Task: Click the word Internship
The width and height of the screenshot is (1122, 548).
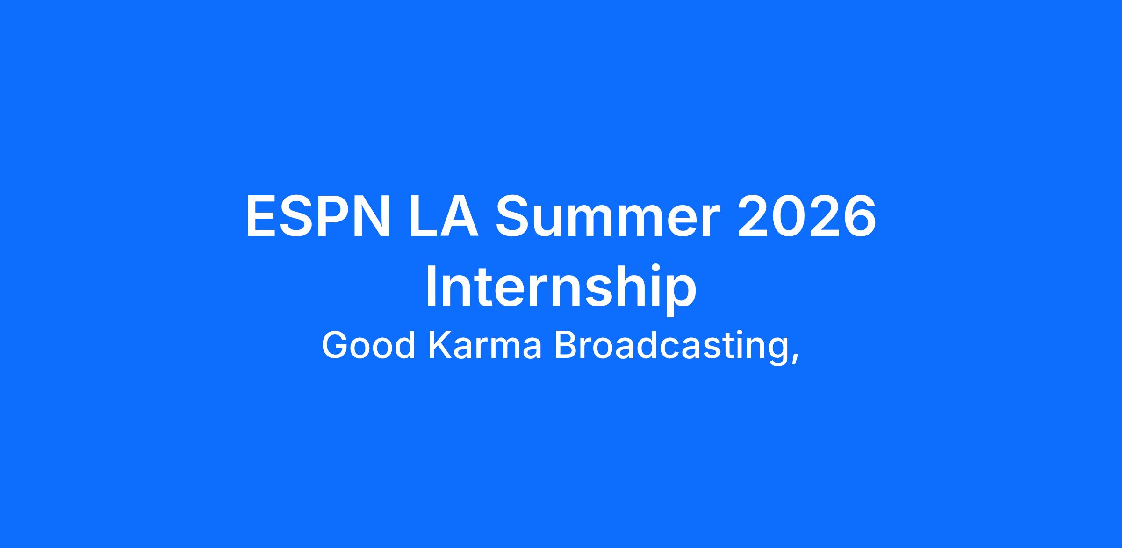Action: click(561, 287)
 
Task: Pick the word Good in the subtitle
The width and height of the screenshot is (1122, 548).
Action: click(369, 346)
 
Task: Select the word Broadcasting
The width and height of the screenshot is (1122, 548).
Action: click(670, 347)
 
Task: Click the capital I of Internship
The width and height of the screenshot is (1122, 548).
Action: click(431, 286)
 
